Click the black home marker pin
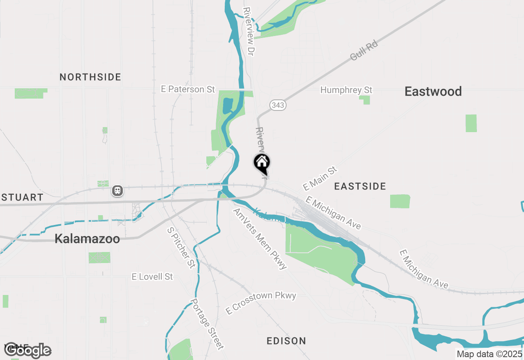tap(262, 164)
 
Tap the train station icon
tap(117, 191)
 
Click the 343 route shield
tap(278, 105)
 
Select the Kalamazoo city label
tap(87, 239)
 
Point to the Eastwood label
tap(433, 91)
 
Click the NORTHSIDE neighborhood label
tap(90, 77)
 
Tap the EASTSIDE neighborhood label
tap(360, 187)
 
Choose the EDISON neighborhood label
tap(286, 341)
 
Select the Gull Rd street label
tap(364, 51)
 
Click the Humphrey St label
tap(346, 90)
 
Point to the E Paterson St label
tap(188, 89)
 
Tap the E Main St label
tap(320, 178)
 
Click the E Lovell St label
tap(152, 277)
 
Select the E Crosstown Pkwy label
tap(261, 303)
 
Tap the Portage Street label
tap(208, 324)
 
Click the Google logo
tap(27, 350)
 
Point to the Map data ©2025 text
tap(490, 354)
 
